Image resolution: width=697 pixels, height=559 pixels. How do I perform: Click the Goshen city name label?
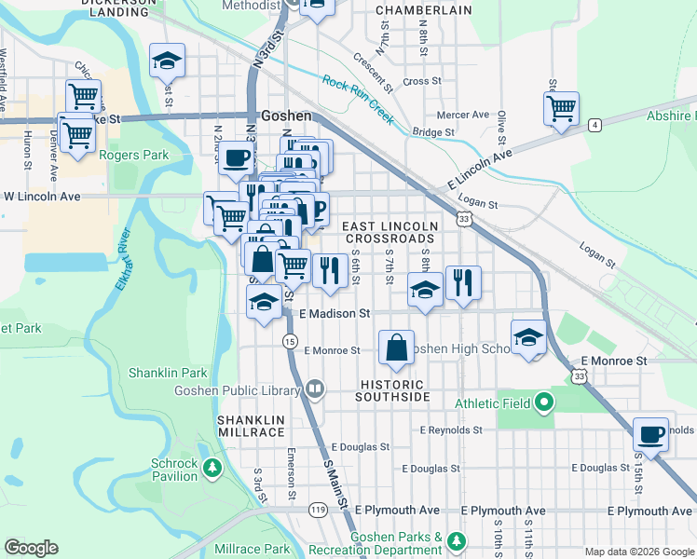coord(285,116)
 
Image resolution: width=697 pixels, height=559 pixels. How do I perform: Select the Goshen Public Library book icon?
coord(315,388)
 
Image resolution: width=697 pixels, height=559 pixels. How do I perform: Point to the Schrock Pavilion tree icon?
coord(213,466)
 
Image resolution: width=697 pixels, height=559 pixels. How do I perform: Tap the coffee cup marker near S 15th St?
coord(650,433)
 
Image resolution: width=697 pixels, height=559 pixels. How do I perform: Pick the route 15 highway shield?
coord(291,342)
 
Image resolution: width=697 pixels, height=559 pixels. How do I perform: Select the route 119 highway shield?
coord(318,511)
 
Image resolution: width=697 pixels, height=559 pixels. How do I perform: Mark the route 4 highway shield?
coord(594,124)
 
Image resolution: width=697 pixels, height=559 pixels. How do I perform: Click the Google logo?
coord(31,548)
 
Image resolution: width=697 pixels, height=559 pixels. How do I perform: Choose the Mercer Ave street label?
coord(463,115)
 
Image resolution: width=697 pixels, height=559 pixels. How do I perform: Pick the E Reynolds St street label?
coord(451,430)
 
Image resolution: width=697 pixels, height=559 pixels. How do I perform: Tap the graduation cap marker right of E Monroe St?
coord(528,338)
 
